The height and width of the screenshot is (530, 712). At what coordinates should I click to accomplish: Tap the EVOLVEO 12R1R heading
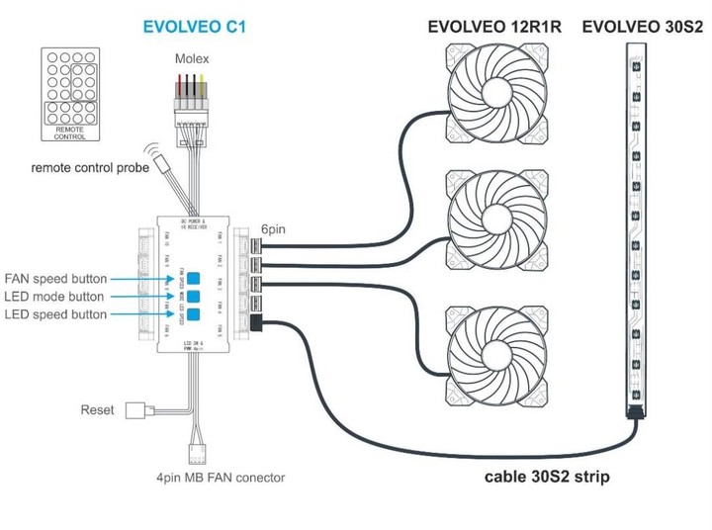[493, 28]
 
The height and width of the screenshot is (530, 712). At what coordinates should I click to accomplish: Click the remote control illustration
[75, 95]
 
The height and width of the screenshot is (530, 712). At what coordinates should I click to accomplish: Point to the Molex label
[193, 58]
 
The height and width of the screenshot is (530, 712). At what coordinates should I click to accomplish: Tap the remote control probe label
[90, 168]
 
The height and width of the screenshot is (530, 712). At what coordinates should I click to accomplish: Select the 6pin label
[275, 227]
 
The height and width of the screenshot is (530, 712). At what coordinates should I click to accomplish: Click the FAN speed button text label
[55, 278]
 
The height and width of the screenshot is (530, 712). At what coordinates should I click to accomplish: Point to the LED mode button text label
[55, 297]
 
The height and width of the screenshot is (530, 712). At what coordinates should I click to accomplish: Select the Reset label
[98, 409]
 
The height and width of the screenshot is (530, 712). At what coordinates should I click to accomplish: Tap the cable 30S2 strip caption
[547, 477]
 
